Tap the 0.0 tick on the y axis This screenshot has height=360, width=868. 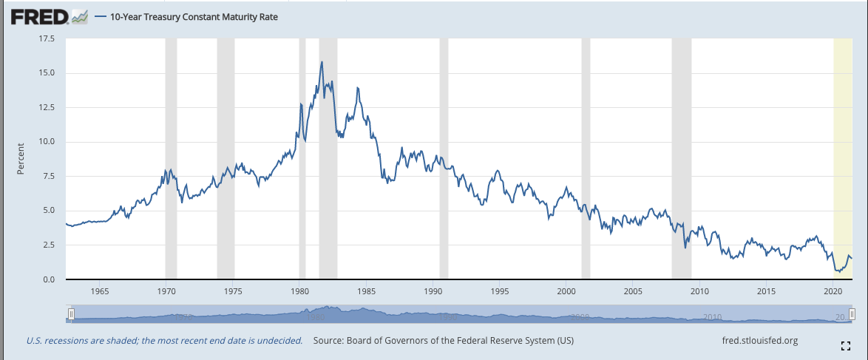[x=47, y=279]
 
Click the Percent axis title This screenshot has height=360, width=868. [x=21, y=158]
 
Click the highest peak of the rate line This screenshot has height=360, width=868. [x=322, y=62]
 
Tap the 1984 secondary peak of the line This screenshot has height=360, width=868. [x=358, y=88]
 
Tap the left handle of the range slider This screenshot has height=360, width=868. [x=71, y=315]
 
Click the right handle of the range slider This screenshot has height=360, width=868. [x=851, y=315]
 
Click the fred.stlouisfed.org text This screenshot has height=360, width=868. [x=759, y=341]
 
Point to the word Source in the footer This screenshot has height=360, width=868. [x=330, y=341]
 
